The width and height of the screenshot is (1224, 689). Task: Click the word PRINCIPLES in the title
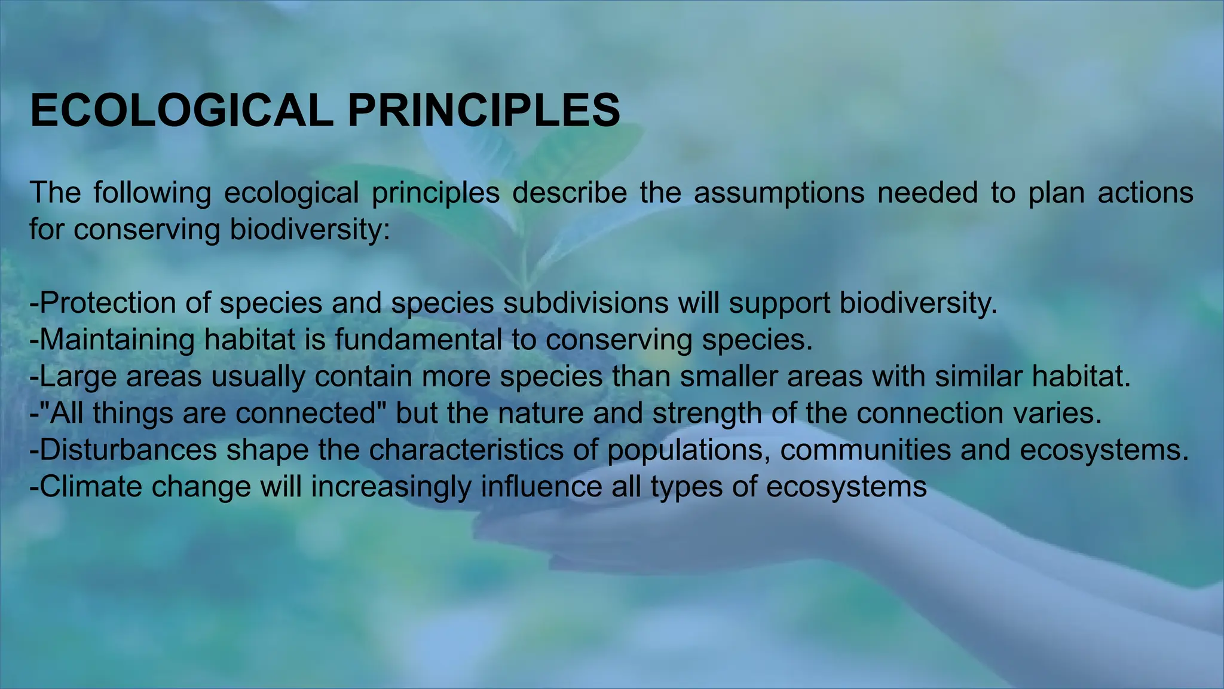coord(484,111)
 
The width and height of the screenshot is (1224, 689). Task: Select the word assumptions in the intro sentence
coord(779,193)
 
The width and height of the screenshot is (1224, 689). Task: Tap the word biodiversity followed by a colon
coord(310,230)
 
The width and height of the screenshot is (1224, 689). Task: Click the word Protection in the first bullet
coord(108,303)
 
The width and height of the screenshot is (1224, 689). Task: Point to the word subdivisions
coord(585,303)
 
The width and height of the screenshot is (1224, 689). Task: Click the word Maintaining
coord(117,340)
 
